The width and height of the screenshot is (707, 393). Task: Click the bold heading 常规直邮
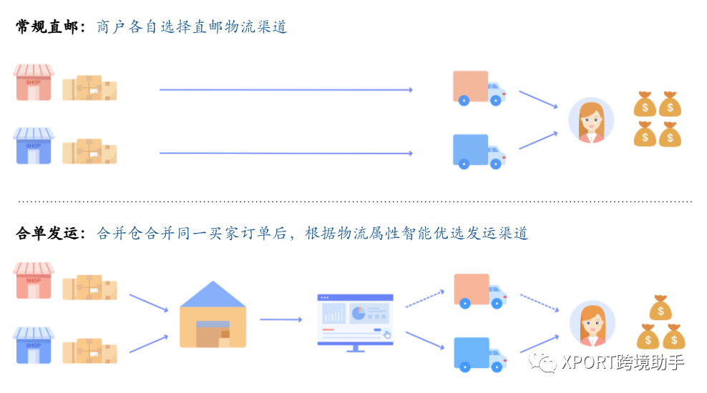click(x=47, y=27)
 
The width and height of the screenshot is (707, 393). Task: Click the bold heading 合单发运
click(x=47, y=233)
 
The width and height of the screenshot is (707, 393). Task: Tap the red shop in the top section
click(x=34, y=83)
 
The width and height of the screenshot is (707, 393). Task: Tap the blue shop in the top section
click(x=34, y=146)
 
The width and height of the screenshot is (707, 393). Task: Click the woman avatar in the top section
click(x=591, y=120)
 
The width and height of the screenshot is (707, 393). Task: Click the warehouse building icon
click(x=213, y=314)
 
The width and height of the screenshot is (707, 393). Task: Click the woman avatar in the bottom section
click(x=592, y=322)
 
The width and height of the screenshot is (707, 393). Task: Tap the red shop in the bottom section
click(x=34, y=280)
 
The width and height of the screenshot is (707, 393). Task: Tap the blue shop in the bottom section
click(x=34, y=344)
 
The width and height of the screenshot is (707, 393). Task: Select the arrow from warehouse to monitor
click(x=281, y=319)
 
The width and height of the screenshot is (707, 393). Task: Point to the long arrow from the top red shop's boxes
click(x=286, y=90)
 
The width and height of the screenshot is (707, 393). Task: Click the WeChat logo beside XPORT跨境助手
click(x=543, y=363)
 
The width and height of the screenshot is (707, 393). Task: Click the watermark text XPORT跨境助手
click(x=623, y=363)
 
